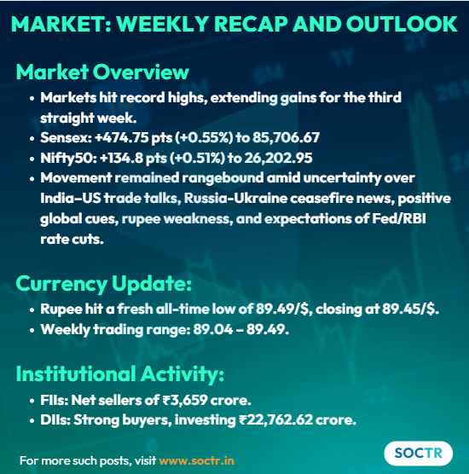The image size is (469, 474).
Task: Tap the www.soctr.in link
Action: [196, 460]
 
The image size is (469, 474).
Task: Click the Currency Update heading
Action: [104, 283]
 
